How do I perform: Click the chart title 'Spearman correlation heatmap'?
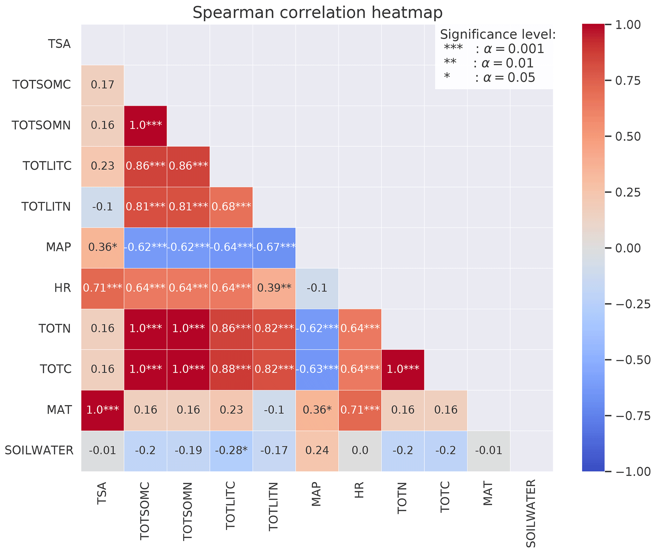317,13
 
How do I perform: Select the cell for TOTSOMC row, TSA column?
103,85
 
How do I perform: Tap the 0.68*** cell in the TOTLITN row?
231,207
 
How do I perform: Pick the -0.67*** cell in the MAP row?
274,247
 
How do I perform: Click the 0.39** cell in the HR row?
274,288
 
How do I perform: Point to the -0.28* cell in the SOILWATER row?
231,450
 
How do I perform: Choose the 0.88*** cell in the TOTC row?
231,369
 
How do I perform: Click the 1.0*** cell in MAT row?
103,410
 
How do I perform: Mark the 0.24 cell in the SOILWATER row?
317,450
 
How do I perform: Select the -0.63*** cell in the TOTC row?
317,369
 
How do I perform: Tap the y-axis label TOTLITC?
47,166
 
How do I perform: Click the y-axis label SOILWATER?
39,450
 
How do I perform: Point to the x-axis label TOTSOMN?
188,511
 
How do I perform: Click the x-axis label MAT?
488,494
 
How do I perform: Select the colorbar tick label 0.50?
628,137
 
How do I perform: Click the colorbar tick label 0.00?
628,248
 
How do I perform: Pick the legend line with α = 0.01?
489,63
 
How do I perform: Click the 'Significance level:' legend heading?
498,34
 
